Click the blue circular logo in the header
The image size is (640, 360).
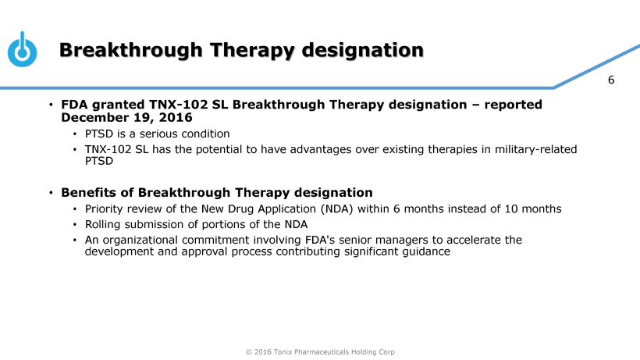pos(22,49)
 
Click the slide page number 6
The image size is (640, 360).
pos(611,80)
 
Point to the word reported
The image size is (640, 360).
pos(513,105)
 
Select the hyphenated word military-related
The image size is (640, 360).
pos(536,149)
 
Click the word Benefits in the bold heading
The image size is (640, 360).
pos(88,193)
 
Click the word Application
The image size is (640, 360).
pos(287,209)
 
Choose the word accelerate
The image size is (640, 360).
pos(474,240)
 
